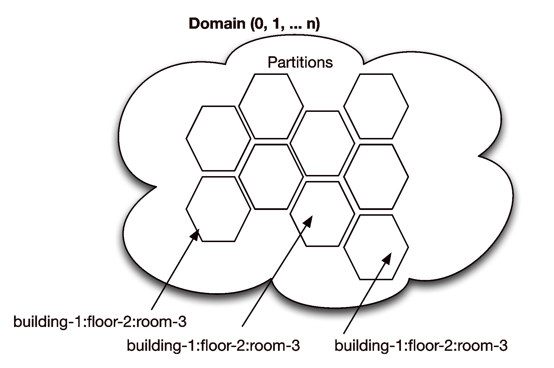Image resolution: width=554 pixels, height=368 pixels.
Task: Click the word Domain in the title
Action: pyautogui.click(x=217, y=24)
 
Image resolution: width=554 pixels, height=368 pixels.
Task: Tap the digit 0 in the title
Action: pyautogui.click(x=258, y=24)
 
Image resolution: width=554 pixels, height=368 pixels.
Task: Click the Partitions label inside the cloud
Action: pyautogui.click(x=300, y=62)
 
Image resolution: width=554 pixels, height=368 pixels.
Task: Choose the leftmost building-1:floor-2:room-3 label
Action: pyautogui.click(x=100, y=322)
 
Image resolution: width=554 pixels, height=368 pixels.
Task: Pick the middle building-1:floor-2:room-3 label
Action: pyautogui.click(x=213, y=346)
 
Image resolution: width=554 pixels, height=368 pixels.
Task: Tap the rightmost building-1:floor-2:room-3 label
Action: pyautogui.click(x=421, y=346)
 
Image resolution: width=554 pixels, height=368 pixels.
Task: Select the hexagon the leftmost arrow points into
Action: pyautogui.click(x=218, y=209)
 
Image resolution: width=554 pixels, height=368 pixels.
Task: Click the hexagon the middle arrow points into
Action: pyautogui.click(x=322, y=214)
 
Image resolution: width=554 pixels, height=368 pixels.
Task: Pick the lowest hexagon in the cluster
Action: pyautogui.click(x=376, y=247)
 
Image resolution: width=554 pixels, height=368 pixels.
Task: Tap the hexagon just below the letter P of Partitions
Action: pyautogui.click(x=271, y=106)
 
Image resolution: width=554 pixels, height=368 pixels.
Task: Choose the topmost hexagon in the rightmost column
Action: pyautogui.click(x=376, y=106)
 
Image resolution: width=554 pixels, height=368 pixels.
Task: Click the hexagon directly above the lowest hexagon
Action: pyautogui.click(x=376, y=177)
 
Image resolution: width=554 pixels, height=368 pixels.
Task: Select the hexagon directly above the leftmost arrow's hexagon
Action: pyautogui.click(x=218, y=139)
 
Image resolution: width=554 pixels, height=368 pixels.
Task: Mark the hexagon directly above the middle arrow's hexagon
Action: pyautogui.click(x=322, y=143)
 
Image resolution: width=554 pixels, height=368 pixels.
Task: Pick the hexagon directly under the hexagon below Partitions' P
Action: pyautogui.click(x=271, y=177)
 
